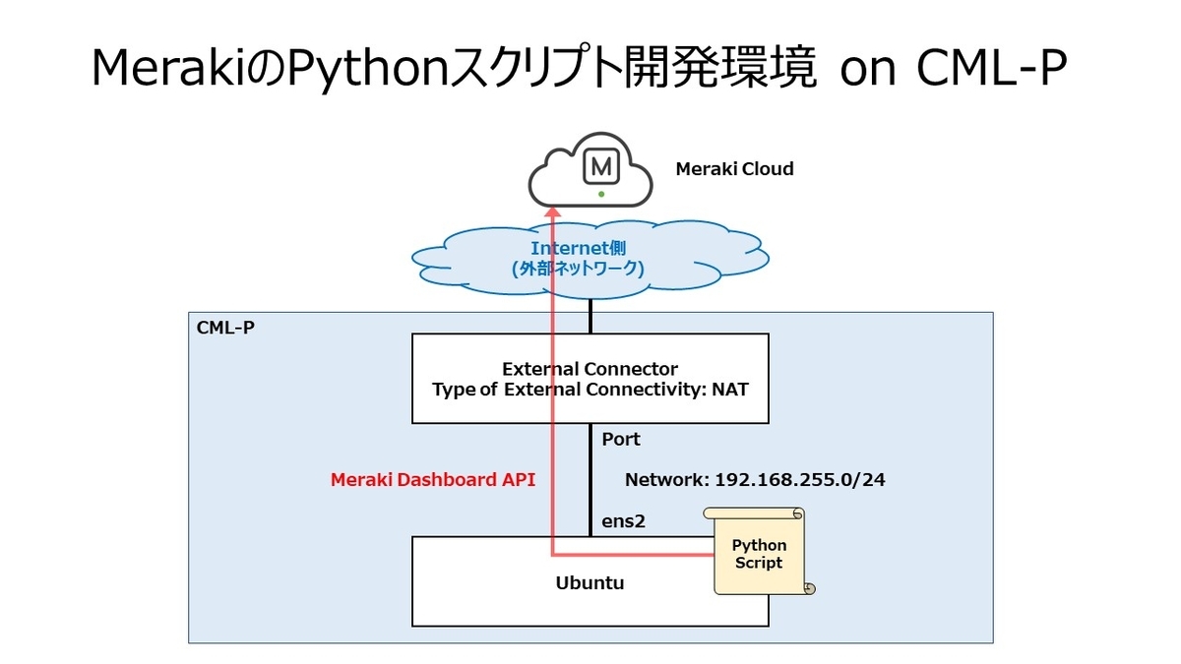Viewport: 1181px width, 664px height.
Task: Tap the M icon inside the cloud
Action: [599, 167]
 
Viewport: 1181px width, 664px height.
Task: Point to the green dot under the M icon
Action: [599, 194]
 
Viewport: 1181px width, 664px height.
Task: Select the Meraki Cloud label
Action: [733, 169]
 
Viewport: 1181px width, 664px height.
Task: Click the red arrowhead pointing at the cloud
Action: [553, 208]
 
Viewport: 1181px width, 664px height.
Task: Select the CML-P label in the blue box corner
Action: [225, 328]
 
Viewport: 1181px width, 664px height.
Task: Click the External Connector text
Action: [590, 369]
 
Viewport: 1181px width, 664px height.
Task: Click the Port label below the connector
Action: [621, 440]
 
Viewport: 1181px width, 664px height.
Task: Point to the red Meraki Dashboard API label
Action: [432, 480]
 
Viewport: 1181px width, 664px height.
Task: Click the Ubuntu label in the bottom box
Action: [590, 582]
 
